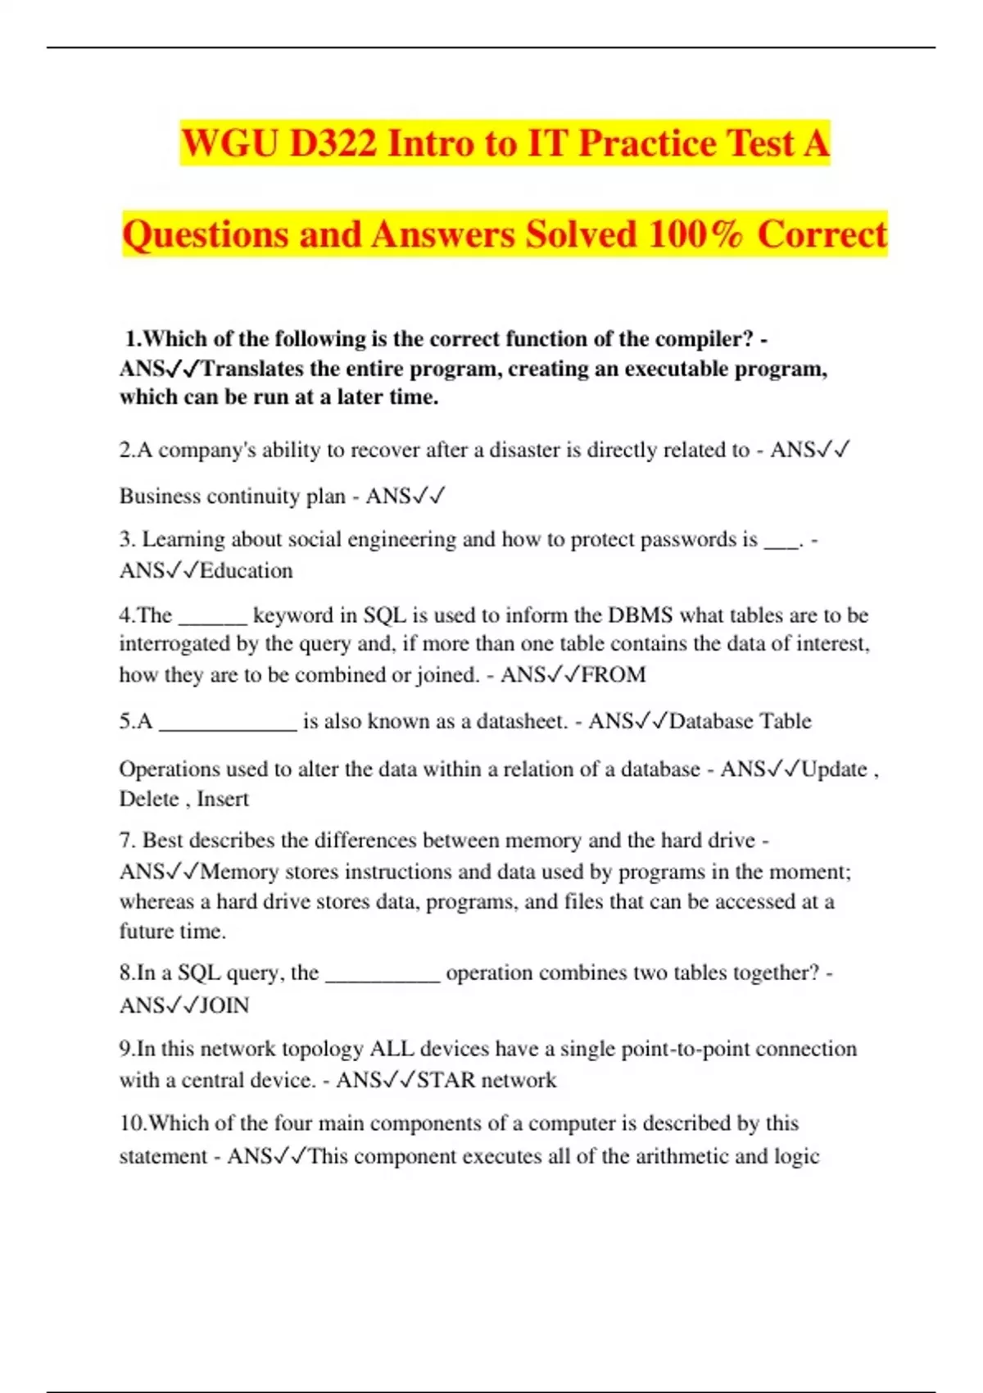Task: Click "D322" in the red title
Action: pos(333,143)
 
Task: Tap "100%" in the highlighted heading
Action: pos(695,234)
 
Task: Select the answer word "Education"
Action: pos(247,570)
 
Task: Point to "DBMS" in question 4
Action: pos(640,615)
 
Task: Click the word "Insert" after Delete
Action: pos(223,799)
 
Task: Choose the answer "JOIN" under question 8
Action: pos(224,1005)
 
